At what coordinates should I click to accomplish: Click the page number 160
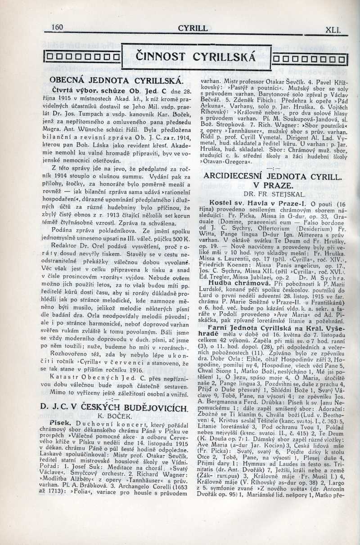tap(57, 27)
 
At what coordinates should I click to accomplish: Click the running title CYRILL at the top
tap(193, 28)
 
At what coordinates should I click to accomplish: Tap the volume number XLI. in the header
tap(333, 31)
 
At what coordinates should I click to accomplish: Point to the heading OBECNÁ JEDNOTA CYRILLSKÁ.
tap(116, 81)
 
